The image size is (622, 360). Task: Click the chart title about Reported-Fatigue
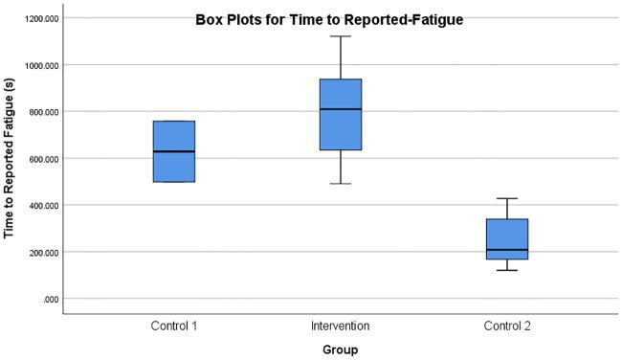[x=329, y=19]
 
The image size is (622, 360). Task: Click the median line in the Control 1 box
[x=174, y=151]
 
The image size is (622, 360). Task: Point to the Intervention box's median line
[x=341, y=109]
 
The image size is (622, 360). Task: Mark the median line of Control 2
[x=507, y=250]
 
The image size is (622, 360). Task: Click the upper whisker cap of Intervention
[x=341, y=36]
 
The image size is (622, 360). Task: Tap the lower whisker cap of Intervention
[x=341, y=183]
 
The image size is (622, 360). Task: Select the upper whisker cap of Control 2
[x=507, y=198]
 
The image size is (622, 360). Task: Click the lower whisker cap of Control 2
[x=507, y=270]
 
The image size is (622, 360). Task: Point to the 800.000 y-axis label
[x=42, y=112]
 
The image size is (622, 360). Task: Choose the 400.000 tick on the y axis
[x=42, y=206]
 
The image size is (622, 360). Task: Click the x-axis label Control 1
[x=174, y=326]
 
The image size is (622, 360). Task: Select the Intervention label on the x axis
[x=341, y=326]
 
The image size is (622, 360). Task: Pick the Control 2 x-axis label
[x=507, y=326]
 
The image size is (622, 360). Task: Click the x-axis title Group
[x=341, y=349]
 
